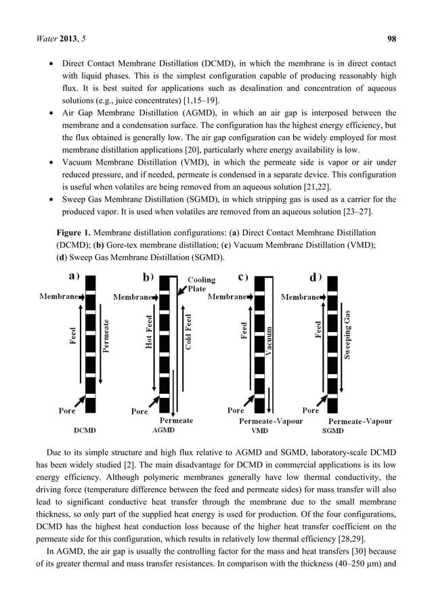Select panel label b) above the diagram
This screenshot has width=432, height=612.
coord(147,277)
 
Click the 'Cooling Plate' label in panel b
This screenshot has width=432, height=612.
coord(201,284)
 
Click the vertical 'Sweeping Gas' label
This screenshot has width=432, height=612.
coord(347,335)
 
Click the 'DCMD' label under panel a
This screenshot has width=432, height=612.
coord(84,430)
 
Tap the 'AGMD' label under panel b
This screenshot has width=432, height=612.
coord(165,430)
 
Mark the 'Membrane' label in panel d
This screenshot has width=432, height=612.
coord(300,297)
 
